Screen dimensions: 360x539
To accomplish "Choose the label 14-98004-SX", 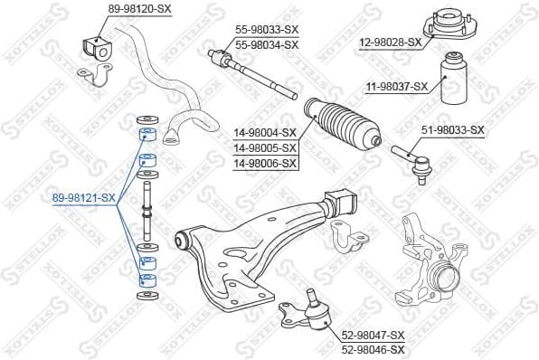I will click(265, 131).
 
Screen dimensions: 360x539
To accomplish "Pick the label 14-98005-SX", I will click(265, 147).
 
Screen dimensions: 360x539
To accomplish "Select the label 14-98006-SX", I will click(265, 162).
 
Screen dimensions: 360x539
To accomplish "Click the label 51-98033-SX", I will click(453, 130).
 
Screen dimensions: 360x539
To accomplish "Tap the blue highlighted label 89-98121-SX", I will click(84, 197).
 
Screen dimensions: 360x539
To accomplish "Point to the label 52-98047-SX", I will click(373, 335).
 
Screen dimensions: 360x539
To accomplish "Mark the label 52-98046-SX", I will click(373, 348).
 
